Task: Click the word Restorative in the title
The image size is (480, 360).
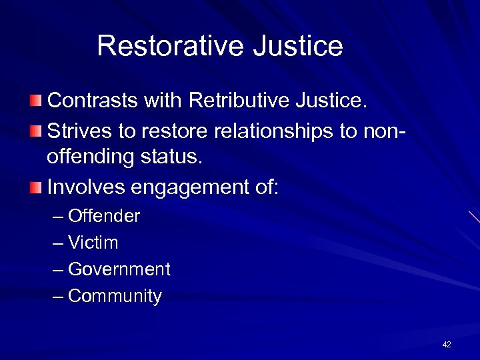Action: coord(170,46)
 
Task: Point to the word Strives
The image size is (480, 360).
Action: coord(79,131)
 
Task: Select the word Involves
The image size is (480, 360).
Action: coord(86,188)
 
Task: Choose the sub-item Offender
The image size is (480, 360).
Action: coord(104,216)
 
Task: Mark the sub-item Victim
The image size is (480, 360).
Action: coord(93,243)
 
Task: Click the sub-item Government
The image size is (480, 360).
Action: coord(119,269)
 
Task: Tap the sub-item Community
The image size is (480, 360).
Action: coord(115,296)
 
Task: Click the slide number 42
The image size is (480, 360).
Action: coord(447,345)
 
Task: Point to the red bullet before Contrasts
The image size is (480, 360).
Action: coord(35,101)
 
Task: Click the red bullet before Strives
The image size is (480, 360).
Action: coord(35,131)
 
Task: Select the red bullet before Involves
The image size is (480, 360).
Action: coord(35,188)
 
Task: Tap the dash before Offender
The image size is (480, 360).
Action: coord(58,217)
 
